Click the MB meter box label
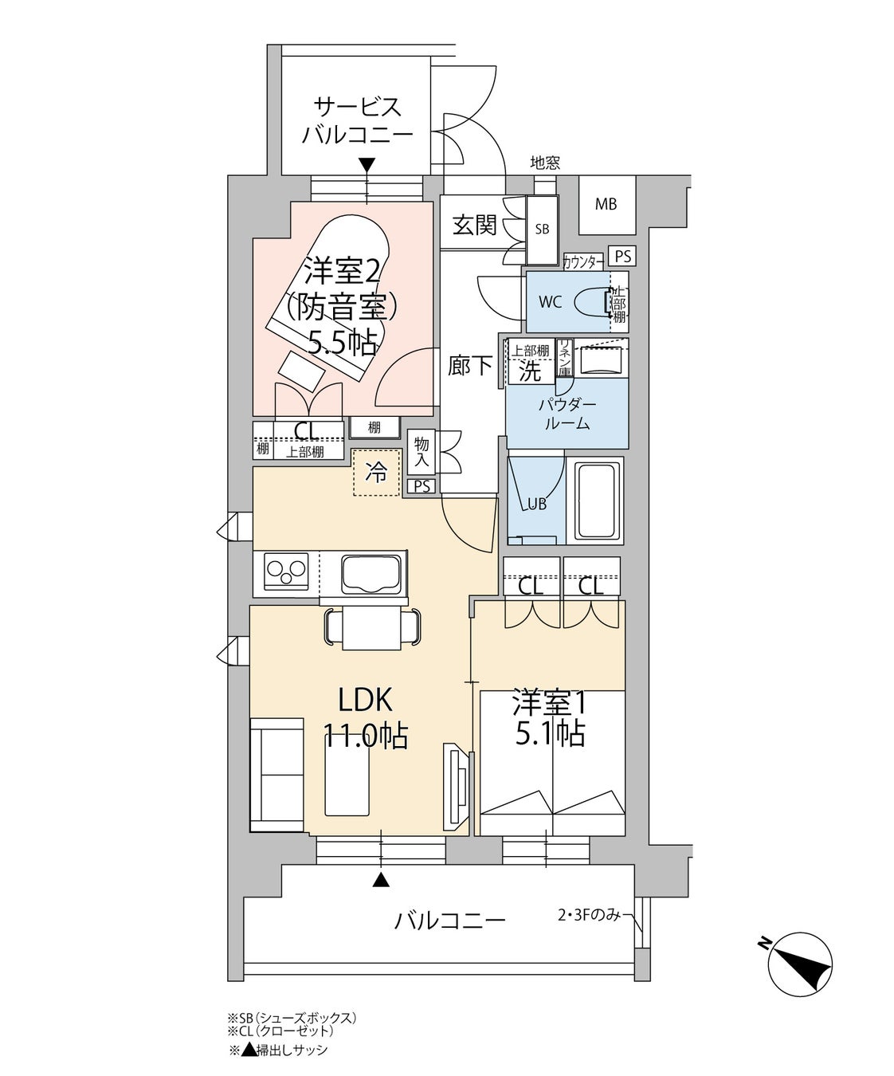(606, 205)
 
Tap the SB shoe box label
(542, 230)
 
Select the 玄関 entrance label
(475, 226)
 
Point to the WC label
(551, 302)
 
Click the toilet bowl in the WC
(593, 301)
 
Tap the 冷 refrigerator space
(377, 473)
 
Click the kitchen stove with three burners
(287, 571)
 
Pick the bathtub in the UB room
(598, 501)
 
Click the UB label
(536, 505)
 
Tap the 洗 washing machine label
(529, 371)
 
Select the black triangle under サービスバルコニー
(367, 166)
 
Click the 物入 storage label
(422, 452)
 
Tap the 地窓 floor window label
(545, 163)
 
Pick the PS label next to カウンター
(622, 256)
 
